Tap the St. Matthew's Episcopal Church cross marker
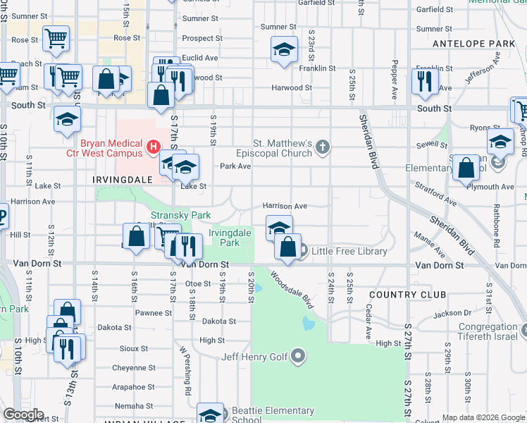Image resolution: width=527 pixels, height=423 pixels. click(323, 147)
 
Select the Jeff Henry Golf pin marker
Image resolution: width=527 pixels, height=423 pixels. click(299, 357)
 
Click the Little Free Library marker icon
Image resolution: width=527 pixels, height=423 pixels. click(302, 251)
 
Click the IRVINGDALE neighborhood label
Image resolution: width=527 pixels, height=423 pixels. click(123, 180)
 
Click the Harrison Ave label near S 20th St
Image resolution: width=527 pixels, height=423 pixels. click(285, 206)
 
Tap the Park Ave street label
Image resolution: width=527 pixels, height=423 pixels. click(235, 166)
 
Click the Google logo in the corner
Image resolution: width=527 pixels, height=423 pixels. click(23, 415)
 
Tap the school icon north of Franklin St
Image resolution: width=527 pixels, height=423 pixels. click(284, 49)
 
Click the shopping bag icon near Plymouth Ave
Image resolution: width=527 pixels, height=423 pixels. click(466, 168)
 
